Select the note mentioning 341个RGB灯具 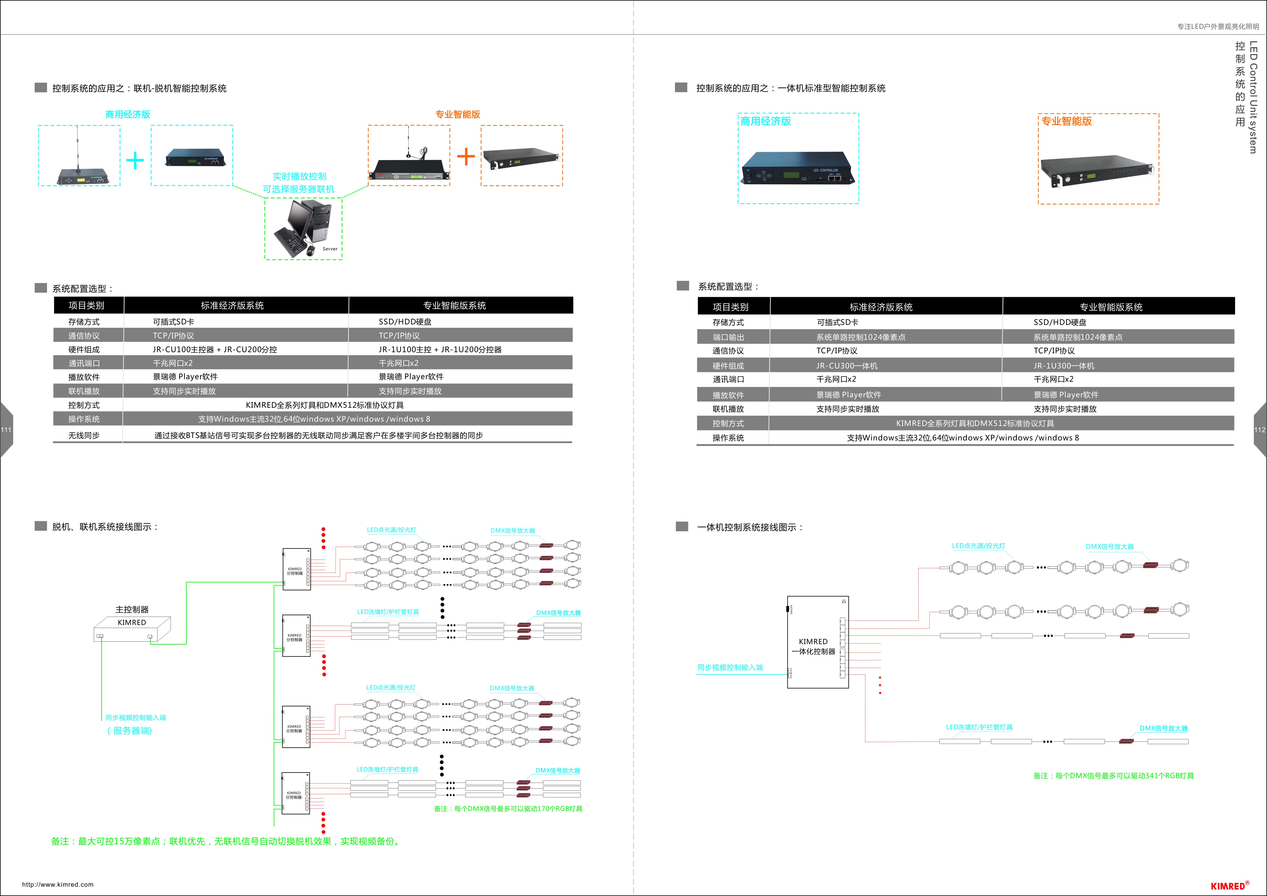[x=1113, y=776]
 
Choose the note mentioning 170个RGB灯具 [x=508, y=809]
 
